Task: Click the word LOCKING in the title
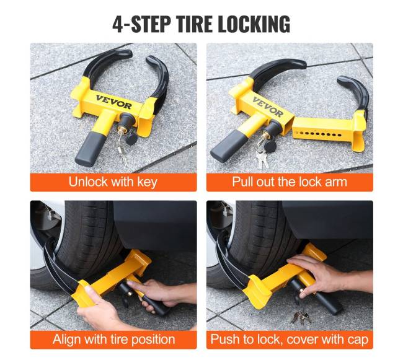(254, 24)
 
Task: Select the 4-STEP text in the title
(141, 24)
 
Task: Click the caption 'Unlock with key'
(113, 182)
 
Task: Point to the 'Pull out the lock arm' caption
(290, 182)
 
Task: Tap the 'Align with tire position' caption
(113, 340)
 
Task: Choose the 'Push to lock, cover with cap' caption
(290, 340)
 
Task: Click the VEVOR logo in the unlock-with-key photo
(113, 102)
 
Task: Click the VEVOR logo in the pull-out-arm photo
(268, 107)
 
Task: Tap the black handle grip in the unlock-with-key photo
(90, 150)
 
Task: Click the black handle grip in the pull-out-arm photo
(226, 146)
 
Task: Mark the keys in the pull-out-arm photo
(262, 157)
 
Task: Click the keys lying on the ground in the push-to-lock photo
(301, 317)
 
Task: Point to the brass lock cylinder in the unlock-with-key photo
(120, 128)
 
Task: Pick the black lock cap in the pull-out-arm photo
(270, 146)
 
